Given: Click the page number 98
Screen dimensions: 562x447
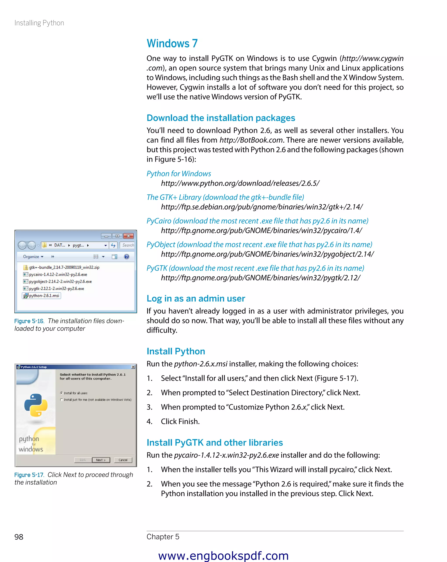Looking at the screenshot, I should pyautogui.click(x=19, y=537).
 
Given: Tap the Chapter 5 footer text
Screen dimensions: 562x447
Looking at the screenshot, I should pyautogui.click(x=163, y=537).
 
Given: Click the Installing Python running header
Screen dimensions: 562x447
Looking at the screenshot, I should pyautogui.click(x=39, y=23).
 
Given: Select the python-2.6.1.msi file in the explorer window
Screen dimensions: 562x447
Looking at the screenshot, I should pyautogui.click(x=44, y=296).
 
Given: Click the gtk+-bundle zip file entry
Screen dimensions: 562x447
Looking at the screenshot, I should pyautogui.click(x=64, y=267).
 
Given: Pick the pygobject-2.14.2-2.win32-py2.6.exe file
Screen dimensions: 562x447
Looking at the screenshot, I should pyautogui.click(x=60, y=281).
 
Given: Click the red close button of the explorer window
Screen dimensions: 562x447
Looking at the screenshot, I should pyautogui.click(x=128, y=236).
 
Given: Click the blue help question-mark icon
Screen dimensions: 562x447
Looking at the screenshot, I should pyautogui.click(x=127, y=257).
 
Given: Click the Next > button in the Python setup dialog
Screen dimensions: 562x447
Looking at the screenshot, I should pyautogui.click(x=101, y=460).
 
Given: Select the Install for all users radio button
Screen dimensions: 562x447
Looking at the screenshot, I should pyautogui.click(x=61, y=393).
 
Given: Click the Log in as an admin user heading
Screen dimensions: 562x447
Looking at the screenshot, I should pyautogui.click(x=196, y=298).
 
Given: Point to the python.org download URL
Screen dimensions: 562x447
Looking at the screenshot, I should pyautogui.click(x=240, y=183).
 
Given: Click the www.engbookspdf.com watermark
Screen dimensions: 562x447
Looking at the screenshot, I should pyautogui.click(x=223, y=556).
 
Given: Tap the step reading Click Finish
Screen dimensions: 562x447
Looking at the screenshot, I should pyautogui.click(x=180, y=421).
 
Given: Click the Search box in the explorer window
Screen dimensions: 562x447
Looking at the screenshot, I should pyautogui.click(x=127, y=245).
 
